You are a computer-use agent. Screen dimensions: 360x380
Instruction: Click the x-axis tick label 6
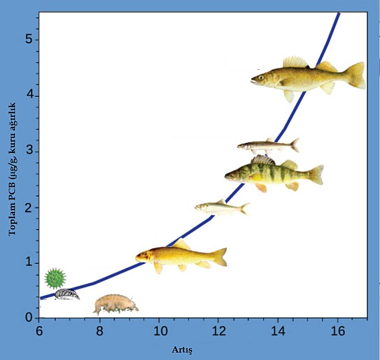(x=39, y=331)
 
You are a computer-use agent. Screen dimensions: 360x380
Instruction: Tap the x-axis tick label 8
(x=99, y=331)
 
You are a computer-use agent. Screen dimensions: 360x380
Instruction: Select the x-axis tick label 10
(x=158, y=331)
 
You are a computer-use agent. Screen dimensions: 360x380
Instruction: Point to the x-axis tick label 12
(x=218, y=331)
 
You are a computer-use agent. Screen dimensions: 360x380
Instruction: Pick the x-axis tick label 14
(x=278, y=331)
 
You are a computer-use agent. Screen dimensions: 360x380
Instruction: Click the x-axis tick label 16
(x=338, y=331)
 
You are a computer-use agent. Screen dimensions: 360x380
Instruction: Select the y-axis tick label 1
(x=29, y=263)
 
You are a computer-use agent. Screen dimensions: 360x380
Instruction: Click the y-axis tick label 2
(x=29, y=207)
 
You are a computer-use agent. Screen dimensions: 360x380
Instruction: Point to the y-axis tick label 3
(x=29, y=152)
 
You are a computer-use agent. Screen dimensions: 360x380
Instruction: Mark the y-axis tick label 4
(x=29, y=96)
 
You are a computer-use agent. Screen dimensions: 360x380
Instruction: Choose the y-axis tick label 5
(x=29, y=40)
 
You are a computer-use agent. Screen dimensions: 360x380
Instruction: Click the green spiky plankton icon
(x=55, y=278)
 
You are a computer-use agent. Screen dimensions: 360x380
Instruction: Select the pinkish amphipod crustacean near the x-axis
(x=115, y=304)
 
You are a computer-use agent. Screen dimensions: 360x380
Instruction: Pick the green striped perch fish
(x=272, y=174)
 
